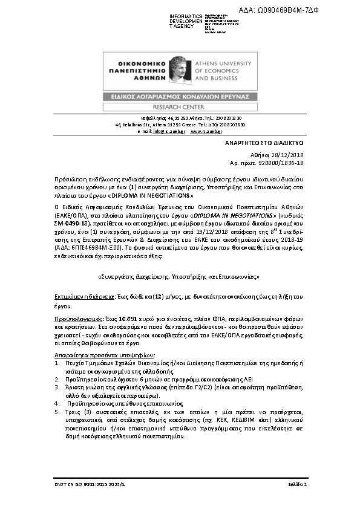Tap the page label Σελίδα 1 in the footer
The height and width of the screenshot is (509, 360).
pyautogui.click(x=297, y=484)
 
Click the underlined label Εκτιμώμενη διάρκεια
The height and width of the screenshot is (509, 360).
pyautogui.click(x=81, y=297)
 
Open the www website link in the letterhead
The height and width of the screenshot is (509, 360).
pyautogui.click(x=205, y=131)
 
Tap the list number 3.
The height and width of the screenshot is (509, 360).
pyautogui.click(x=57, y=385)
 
